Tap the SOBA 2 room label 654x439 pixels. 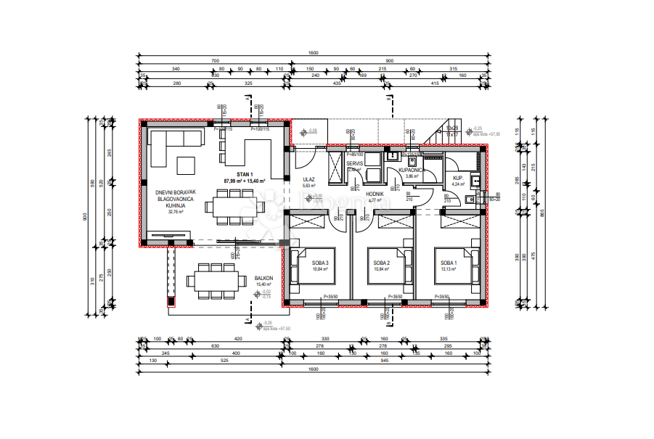pos(382,263)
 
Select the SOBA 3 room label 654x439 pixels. pos(321,263)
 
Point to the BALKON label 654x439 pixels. pos(263,279)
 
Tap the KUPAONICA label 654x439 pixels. pos(412,170)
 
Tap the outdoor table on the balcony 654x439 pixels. pos(215,279)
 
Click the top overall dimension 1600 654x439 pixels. pos(313,53)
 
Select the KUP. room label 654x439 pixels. pos(458,178)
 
